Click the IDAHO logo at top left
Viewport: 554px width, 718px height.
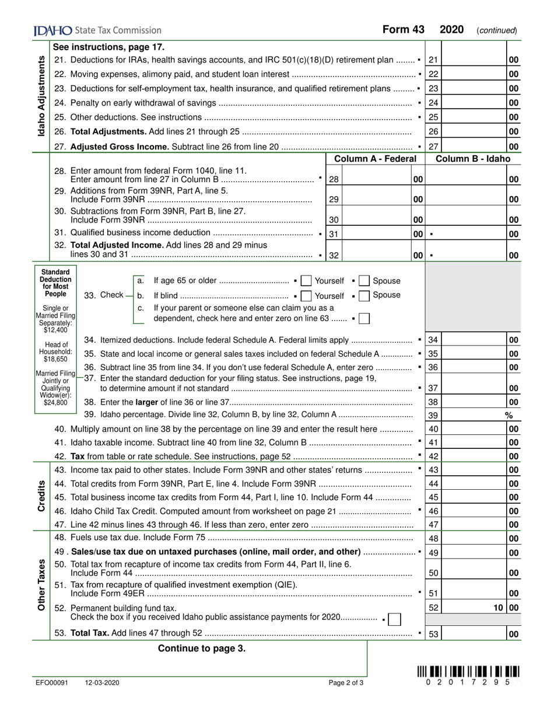tap(53, 30)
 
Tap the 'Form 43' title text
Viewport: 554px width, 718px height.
tap(403, 30)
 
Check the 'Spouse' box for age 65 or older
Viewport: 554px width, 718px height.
tap(364, 281)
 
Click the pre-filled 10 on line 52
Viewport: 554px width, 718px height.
tap(497, 608)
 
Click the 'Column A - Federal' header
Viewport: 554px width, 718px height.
tap(375, 159)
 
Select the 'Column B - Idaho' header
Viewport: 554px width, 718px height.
tap(472, 159)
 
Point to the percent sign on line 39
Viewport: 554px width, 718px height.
tap(508, 415)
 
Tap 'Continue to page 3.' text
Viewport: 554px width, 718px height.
tap(202, 648)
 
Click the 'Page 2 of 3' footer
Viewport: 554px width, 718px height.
tap(346, 682)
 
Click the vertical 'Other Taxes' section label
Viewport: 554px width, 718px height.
tap(41, 584)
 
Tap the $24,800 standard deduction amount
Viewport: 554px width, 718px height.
tap(55, 402)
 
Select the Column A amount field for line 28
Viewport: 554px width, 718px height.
tap(376, 180)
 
